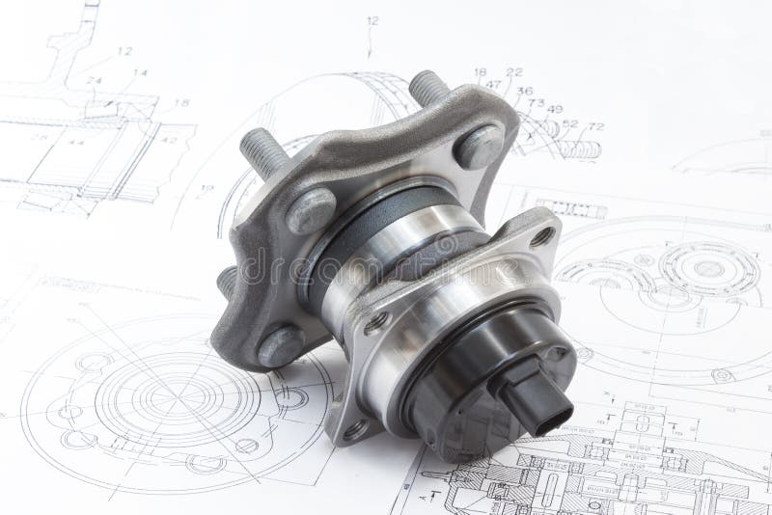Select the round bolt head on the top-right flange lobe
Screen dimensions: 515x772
pyautogui.click(x=478, y=148)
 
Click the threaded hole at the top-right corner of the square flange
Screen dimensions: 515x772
pyautogui.click(x=542, y=236)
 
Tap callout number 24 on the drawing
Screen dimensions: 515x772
pyautogui.click(x=94, y=81)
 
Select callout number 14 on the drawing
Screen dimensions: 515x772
pyautogui.click(x=140, y=72)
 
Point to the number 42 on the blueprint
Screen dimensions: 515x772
pyautogui.click(x=169, y=140)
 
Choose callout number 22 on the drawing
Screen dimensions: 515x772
pyautogui.click(x=513, y=71)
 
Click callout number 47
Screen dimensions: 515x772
pyautogui.click(x=493, y=85)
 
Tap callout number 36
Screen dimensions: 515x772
pyautogui.click(x=524, y=92)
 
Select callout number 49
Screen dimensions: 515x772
pyautogui.click(x=554, y=109)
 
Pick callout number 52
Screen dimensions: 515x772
pyautogui.click(x=569, y=123)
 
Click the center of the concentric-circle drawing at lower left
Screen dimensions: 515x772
pyautogui.click(x=159, y=394)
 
